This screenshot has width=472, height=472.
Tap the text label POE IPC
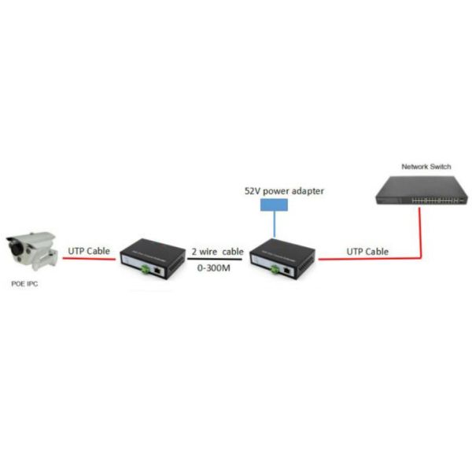click(22, 285)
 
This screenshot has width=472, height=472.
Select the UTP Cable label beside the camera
click(88, 250)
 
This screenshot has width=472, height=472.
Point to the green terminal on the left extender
click(146, 269)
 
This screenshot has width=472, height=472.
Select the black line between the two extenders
click(217, 260)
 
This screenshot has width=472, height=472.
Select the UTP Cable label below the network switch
click(367, 251)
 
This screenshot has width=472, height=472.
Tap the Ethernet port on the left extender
click(161, 269)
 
